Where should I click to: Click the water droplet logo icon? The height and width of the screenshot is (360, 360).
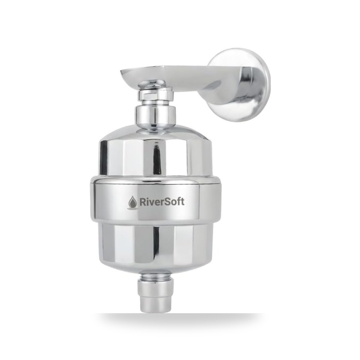pyautogui.click(x=132, y=202)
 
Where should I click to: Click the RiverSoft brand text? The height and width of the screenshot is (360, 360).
pyautogui.click(x=162, y=202)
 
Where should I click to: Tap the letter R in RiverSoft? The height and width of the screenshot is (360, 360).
pyautogui.click(x=143, y=202)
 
